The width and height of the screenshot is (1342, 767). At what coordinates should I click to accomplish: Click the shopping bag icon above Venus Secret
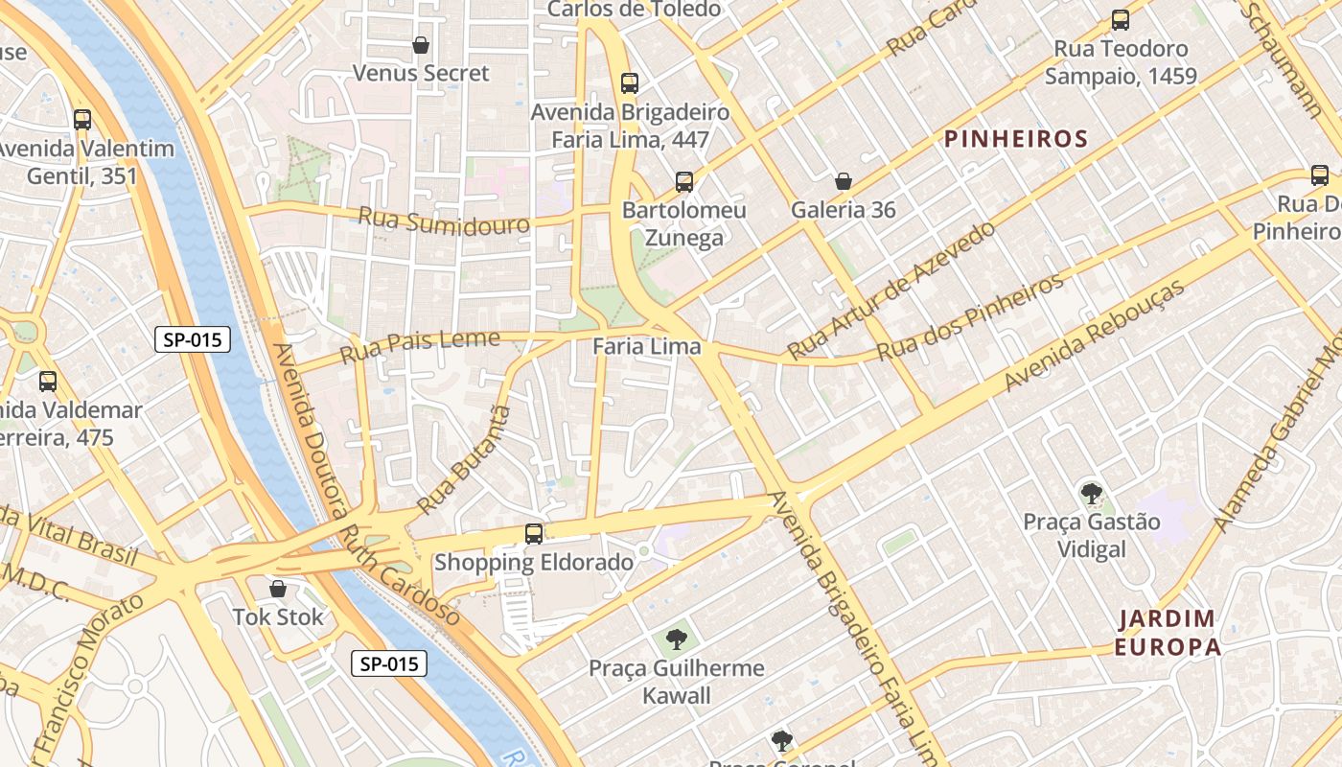tap(420, 45)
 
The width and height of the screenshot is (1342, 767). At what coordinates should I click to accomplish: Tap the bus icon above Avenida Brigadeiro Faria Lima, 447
tap(629, 83)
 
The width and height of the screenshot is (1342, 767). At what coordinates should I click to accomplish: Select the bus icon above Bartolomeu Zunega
tap(683, 181)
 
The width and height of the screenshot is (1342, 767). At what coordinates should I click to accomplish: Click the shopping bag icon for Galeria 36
tap(844, 181)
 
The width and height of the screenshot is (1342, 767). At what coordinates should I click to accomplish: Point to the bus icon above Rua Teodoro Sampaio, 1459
tap(1120, 20)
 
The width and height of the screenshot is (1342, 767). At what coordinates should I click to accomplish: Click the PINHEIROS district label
tap(1016, 139)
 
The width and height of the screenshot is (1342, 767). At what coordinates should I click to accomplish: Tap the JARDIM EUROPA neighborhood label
tap(1168, 633)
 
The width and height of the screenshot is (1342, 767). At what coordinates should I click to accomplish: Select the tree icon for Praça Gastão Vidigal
tap(1091, 494)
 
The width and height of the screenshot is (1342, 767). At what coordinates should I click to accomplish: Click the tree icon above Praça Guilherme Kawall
tap(677, 639)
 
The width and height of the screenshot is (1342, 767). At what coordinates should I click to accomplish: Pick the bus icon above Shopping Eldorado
tap(534, 534)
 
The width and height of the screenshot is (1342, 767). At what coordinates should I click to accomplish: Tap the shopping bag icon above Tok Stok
tap(278, 589)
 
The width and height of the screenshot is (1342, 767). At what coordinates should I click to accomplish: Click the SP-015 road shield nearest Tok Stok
tap(388, 663)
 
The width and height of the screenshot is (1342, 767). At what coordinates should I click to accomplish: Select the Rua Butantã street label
tap(465, 459)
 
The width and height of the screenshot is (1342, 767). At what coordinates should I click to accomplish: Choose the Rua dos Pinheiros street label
tap(970, 316)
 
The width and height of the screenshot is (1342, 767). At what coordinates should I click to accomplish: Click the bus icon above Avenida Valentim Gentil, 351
tap(82, 120)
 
